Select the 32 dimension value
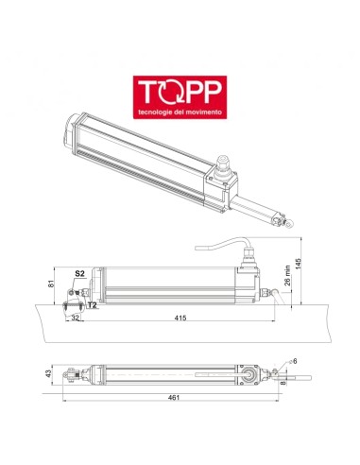75,319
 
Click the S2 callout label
80,273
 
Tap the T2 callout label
92,305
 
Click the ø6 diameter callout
293,361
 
